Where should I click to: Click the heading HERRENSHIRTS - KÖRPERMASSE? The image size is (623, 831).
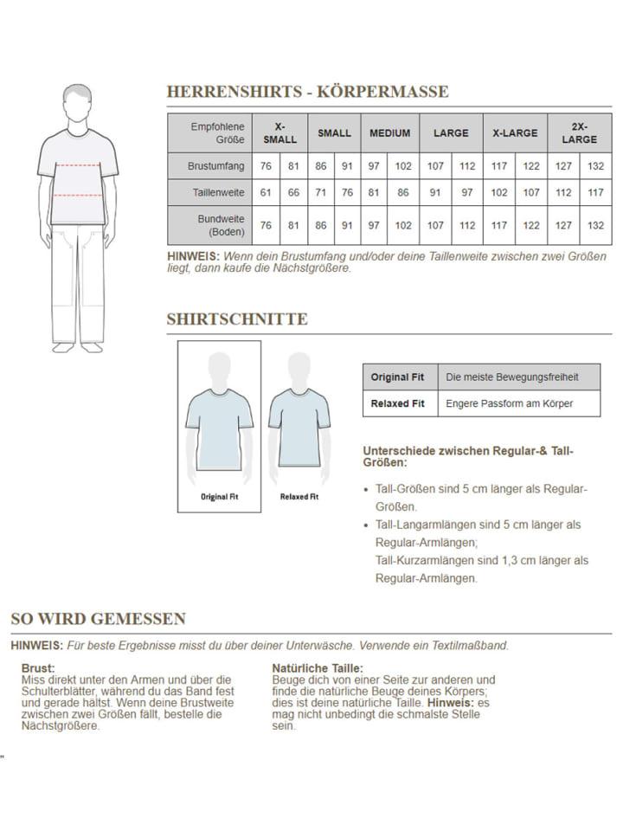point(307,92)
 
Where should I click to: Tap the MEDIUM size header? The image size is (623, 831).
point(389,133)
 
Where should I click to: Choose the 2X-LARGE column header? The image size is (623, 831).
point(579,133)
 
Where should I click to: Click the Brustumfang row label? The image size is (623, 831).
point(216,165)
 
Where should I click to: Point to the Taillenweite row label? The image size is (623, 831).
point(217,192)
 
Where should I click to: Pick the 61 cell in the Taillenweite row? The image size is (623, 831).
point(266,192)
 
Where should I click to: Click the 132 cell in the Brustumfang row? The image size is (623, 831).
point(595,165)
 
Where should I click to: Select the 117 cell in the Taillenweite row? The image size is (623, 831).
point(595,192)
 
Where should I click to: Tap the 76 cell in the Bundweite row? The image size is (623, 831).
point(266,225)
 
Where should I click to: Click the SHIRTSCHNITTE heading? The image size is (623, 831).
point(236,319)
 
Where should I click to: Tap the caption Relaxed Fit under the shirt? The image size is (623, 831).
point(299,497)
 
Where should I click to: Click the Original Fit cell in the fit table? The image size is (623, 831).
point(397,377)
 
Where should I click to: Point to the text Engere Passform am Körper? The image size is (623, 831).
point(509,403)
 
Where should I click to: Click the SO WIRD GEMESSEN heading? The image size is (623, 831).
point(98,619)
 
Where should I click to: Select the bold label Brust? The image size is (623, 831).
point(38,668)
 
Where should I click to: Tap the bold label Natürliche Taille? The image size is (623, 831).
point(318,668)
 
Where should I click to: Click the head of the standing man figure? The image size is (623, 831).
point(77,101)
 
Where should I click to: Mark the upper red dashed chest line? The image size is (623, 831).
point(77,164)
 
